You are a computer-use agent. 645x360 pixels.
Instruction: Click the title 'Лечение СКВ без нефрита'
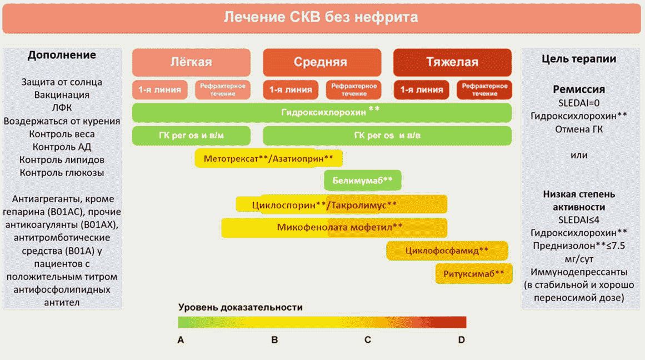321,17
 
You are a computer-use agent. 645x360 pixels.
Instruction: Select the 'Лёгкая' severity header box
191,62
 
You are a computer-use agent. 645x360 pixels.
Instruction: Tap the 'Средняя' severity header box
322,62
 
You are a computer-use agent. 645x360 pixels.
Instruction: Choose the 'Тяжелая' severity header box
452,62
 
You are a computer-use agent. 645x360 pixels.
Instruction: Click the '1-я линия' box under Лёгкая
159,89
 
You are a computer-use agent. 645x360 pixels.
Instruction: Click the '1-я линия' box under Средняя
291,89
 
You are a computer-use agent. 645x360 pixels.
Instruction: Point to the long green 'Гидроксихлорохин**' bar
322,112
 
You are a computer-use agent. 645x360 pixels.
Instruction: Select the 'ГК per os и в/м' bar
191,136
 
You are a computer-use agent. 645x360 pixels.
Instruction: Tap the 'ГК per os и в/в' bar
387,136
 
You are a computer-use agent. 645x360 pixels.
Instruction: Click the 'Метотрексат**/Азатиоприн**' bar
268,158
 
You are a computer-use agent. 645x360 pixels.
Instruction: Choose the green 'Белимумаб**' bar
362,180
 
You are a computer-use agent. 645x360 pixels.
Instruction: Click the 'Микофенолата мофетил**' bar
334,227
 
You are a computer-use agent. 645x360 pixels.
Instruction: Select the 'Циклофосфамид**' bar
447,251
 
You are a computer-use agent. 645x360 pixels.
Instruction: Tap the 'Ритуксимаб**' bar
473,273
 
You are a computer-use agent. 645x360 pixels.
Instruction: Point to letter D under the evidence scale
461,339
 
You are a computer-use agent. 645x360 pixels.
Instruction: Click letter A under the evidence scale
181,339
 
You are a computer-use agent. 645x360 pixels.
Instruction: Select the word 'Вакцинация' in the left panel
62,95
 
